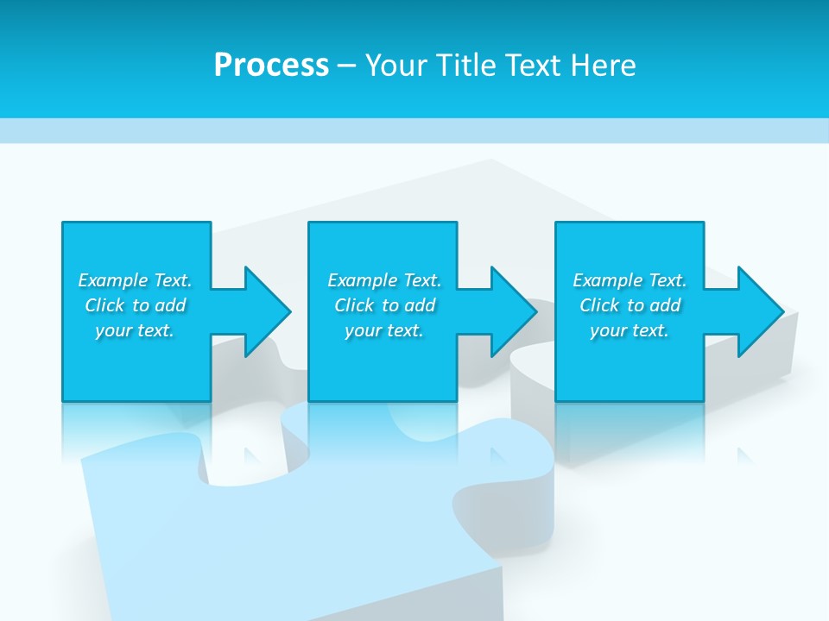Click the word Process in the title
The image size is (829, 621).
(x=271, y=66)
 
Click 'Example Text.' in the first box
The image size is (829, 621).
(x=135, y=280)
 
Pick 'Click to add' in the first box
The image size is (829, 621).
(x=135, y=305)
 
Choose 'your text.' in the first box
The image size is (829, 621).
(x=135, y=330)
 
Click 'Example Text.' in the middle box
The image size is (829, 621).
(x=384, y=280)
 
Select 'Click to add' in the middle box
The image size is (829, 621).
(x=384, y=305)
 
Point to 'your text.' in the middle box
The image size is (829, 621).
(x=384, y=330)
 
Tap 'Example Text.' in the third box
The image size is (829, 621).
(x=630, y=280)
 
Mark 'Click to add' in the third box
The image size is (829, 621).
(x=630, y=305)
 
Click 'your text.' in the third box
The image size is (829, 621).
(x=630, y=330)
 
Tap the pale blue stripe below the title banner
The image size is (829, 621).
(x=414, y=130)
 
